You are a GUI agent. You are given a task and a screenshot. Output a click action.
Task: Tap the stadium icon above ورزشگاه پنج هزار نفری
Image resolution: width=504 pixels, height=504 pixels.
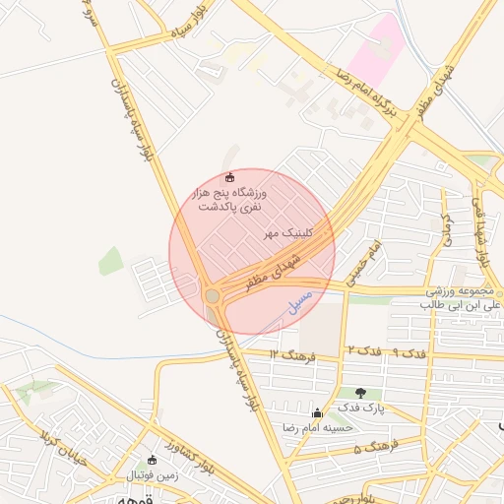pyautogui.click(x=230, y=177)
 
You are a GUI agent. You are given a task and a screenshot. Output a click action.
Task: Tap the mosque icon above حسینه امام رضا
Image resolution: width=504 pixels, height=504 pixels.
pyautogui.click(x=316, y=413)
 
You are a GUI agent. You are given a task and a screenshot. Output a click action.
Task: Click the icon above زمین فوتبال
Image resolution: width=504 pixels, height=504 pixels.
pyautogui.click(x=151, y=460)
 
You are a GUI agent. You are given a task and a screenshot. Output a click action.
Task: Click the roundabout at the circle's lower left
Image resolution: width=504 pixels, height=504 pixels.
pyautogui.click(x=212, y=295)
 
